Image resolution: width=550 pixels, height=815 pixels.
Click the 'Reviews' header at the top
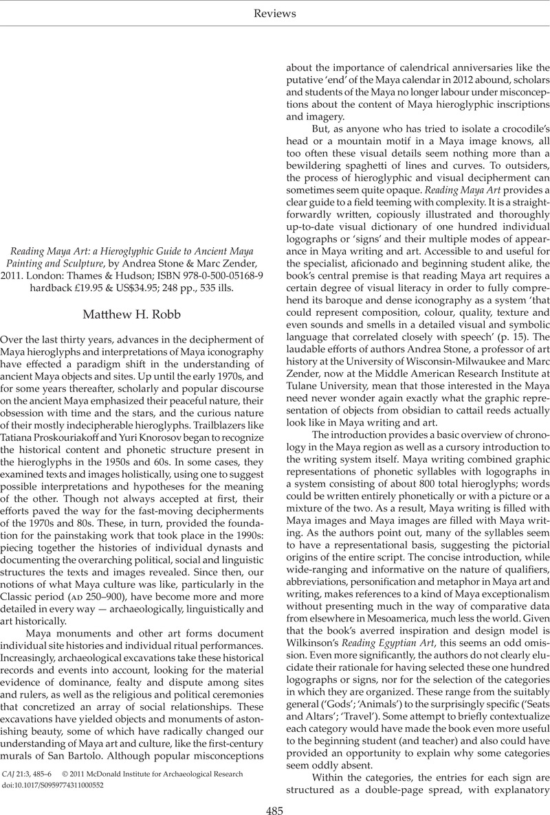click(274, 13)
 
